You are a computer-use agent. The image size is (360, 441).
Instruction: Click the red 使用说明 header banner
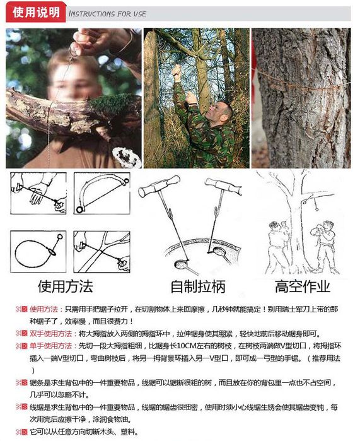tap(36, 13)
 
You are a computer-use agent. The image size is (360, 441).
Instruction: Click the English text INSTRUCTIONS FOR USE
tap(107, 14)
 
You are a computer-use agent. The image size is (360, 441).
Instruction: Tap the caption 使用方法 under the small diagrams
tap(65, 286)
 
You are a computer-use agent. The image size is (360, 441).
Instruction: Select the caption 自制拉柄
tap(198, 286)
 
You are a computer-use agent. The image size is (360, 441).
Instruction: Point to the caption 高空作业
tap(303, 286)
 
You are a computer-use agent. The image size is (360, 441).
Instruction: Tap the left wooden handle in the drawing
tap(159, 186)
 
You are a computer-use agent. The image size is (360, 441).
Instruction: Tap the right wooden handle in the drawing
tap(223, 185)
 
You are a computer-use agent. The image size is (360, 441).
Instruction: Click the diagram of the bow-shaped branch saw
tap(102, 194)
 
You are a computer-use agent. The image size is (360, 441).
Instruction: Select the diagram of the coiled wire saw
tap(38, 252)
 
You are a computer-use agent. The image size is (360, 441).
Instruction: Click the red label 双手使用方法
tap(51, 334)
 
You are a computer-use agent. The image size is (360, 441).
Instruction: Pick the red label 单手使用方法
tap(51, 346)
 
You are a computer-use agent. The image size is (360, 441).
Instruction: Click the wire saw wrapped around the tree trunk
tap(301, 81)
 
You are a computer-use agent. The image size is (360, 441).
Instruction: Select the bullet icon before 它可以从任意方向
tap(21, 432)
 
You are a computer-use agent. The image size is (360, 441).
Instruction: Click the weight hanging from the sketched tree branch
tap(316, 209)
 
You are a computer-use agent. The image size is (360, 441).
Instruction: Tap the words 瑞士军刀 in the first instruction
tap(288, 309)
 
